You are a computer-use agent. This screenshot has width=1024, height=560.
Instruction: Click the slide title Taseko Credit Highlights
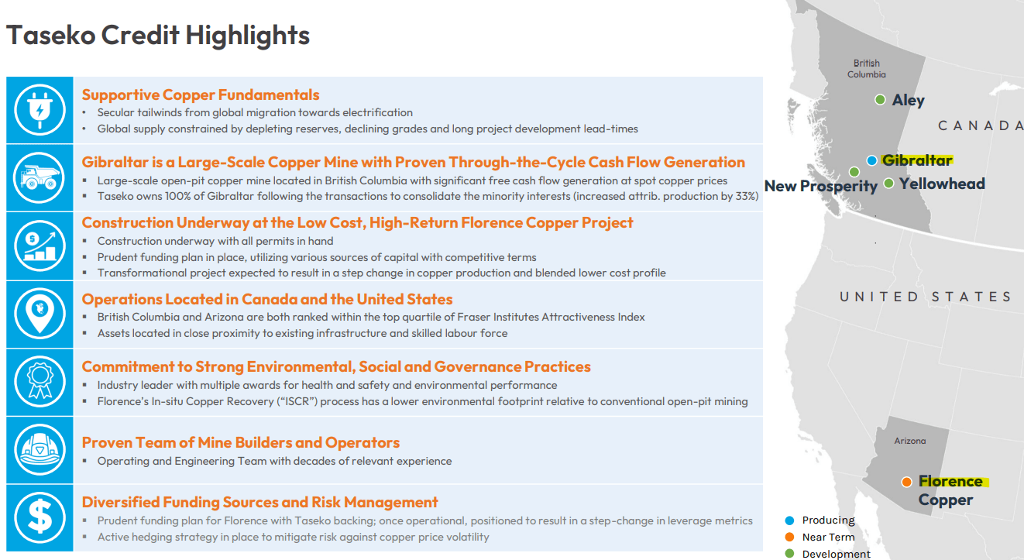tap(158, 36)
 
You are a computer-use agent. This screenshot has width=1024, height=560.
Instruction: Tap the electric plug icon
tap(39, 110)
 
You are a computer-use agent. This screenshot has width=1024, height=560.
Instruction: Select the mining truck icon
tap(39, 178)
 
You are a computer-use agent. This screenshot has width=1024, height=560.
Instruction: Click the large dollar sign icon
tap(39, 517)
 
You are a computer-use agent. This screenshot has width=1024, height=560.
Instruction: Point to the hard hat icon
tap(39, 450)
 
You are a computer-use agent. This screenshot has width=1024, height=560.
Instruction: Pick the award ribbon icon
tap(39, 382)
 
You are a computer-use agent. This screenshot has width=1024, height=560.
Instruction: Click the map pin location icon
tap(39, 314)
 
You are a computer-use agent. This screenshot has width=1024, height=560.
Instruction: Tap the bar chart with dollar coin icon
tap(39, 246)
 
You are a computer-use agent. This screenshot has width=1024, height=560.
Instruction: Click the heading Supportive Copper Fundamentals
tap(201, 95)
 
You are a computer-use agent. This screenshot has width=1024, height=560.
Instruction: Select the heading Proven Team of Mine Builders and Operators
tap(241, 443)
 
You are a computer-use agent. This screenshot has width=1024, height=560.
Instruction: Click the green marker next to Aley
tap(880, 100)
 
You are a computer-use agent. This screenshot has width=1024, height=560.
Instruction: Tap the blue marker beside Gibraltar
tap(871, 160)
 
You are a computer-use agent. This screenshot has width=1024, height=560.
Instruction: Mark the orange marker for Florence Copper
tap(906, 482)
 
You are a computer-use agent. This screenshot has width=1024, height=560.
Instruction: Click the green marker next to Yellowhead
tap(888, 184)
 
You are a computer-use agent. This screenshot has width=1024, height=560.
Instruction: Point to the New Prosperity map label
tap(820, 187)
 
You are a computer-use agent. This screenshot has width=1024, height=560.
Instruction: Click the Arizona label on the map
tap(909, 441)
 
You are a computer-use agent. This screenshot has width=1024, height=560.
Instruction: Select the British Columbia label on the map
tap(866, 69)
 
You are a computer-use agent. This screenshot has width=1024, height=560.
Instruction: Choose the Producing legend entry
tap(828, 520)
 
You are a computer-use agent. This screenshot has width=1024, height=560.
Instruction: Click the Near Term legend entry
tap(828, 538)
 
